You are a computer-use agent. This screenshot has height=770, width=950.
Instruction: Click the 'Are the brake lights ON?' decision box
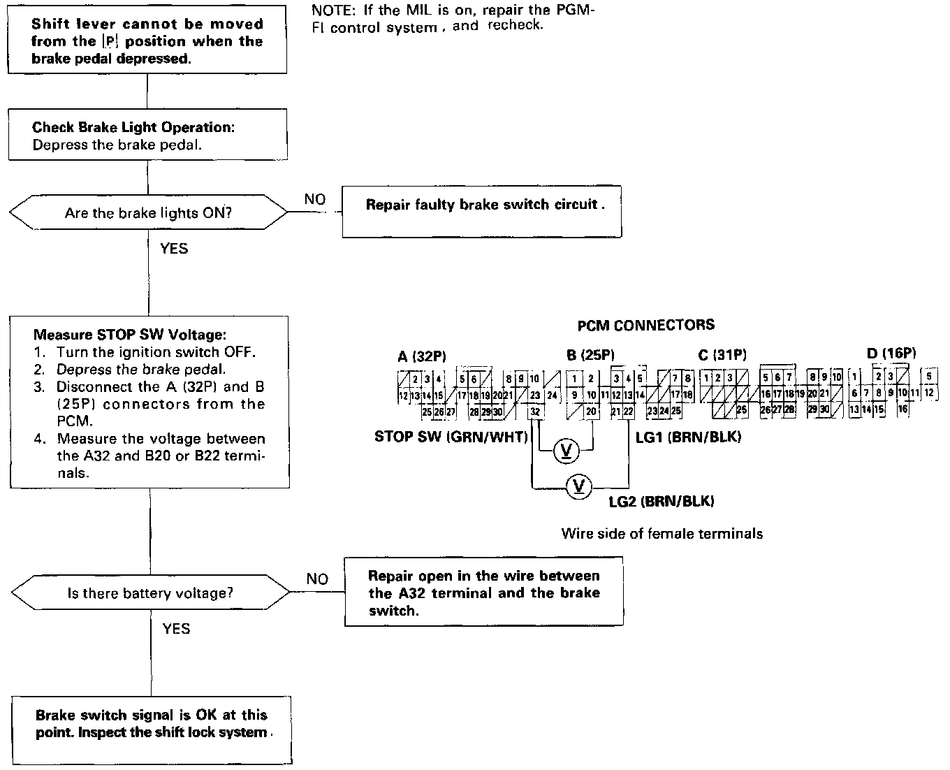(148, 213)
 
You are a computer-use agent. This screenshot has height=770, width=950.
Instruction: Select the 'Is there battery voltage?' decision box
(150, 593)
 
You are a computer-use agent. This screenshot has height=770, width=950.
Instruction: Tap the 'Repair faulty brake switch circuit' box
(481, 205)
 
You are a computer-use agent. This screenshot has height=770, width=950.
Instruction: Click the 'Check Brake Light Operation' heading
(133, 128)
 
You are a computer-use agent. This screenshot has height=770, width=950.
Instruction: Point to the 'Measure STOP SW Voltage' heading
(130, 335)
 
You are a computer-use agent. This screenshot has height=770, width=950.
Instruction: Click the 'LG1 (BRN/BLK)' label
(688, 437)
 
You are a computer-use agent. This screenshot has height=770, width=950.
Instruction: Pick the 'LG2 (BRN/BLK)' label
(662, 501)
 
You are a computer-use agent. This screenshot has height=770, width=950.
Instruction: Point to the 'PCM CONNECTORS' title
(646, 325)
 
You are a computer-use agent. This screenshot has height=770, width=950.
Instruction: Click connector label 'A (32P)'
(422, 356)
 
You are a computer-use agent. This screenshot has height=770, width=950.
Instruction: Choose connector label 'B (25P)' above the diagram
(590, 355)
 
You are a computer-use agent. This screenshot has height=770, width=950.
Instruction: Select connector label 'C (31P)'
(722, 355)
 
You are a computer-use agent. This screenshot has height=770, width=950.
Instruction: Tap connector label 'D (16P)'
(891, 354)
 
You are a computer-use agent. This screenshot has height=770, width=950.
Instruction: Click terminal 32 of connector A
(535, 412)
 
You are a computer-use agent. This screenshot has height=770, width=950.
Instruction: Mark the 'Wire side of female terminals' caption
(662, 534)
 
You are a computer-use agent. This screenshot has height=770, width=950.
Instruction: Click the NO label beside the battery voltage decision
(317, 579)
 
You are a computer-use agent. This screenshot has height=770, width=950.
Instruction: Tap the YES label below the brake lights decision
(174, 249)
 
